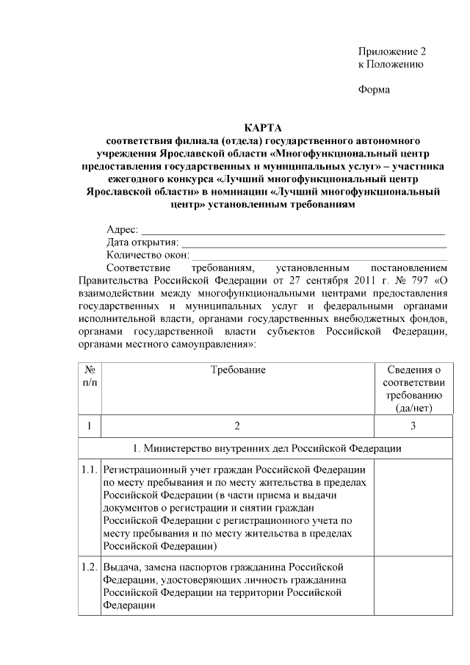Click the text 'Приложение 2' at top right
[391, 51]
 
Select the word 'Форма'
[374, 90]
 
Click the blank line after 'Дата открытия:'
[314, 243]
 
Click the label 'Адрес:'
[122, 230]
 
